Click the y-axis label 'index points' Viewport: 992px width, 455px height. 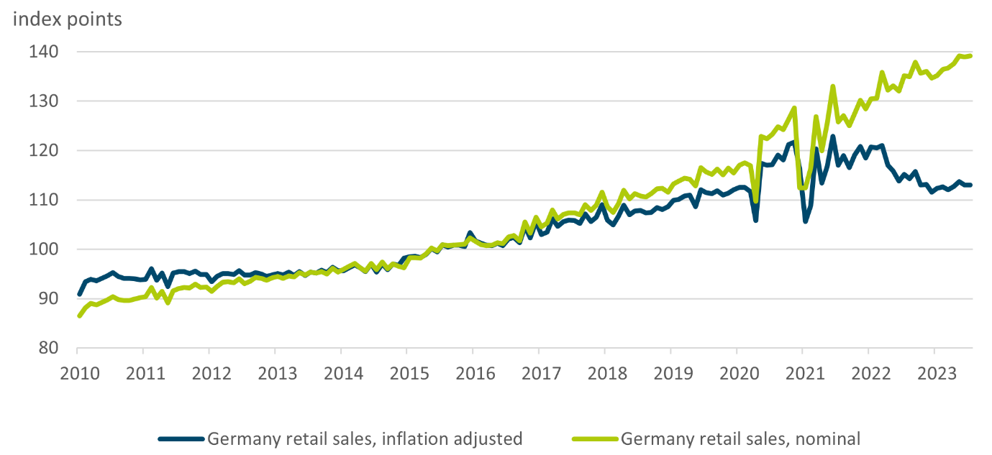coord(67,19)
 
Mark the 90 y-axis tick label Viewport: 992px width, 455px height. coord(48,299)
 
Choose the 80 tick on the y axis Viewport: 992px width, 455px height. coord(48,348)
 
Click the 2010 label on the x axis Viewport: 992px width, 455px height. coord(78,374)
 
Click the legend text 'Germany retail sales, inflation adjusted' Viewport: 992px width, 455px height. coord(365,438)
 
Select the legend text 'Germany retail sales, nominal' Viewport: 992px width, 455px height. coord(740,438)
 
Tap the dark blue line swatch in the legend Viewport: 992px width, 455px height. coord(181,438)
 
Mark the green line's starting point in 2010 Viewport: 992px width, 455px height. coord(78,316)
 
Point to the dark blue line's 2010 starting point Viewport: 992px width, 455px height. coord(78,295)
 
